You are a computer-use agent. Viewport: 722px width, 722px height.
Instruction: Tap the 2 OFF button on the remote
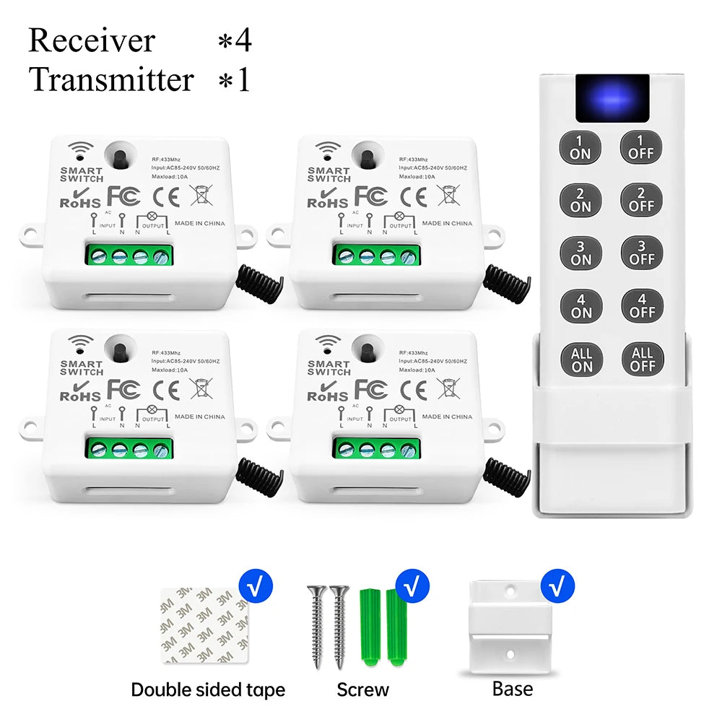(641, 199)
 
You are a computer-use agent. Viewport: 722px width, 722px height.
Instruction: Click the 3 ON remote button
(580, 253)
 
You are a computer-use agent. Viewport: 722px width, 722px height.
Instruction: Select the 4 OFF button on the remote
(641, 305)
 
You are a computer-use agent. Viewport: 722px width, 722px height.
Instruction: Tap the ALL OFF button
(641, 359)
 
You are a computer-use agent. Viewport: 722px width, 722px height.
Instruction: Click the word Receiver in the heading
(92, 40)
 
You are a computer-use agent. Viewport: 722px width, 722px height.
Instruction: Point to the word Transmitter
(112, 79)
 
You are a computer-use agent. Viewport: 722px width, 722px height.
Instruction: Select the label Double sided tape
(208, 690)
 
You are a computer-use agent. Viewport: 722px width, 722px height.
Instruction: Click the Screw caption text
(362, 690)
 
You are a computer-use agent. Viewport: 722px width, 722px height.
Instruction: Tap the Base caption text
(513, 689)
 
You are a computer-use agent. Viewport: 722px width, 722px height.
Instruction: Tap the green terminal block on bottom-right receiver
(376, 448)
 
